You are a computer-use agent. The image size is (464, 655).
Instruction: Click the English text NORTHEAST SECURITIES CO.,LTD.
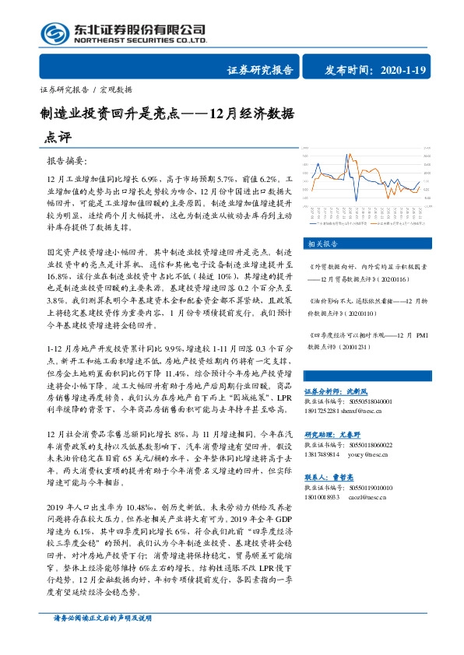(x=140, y=40)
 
